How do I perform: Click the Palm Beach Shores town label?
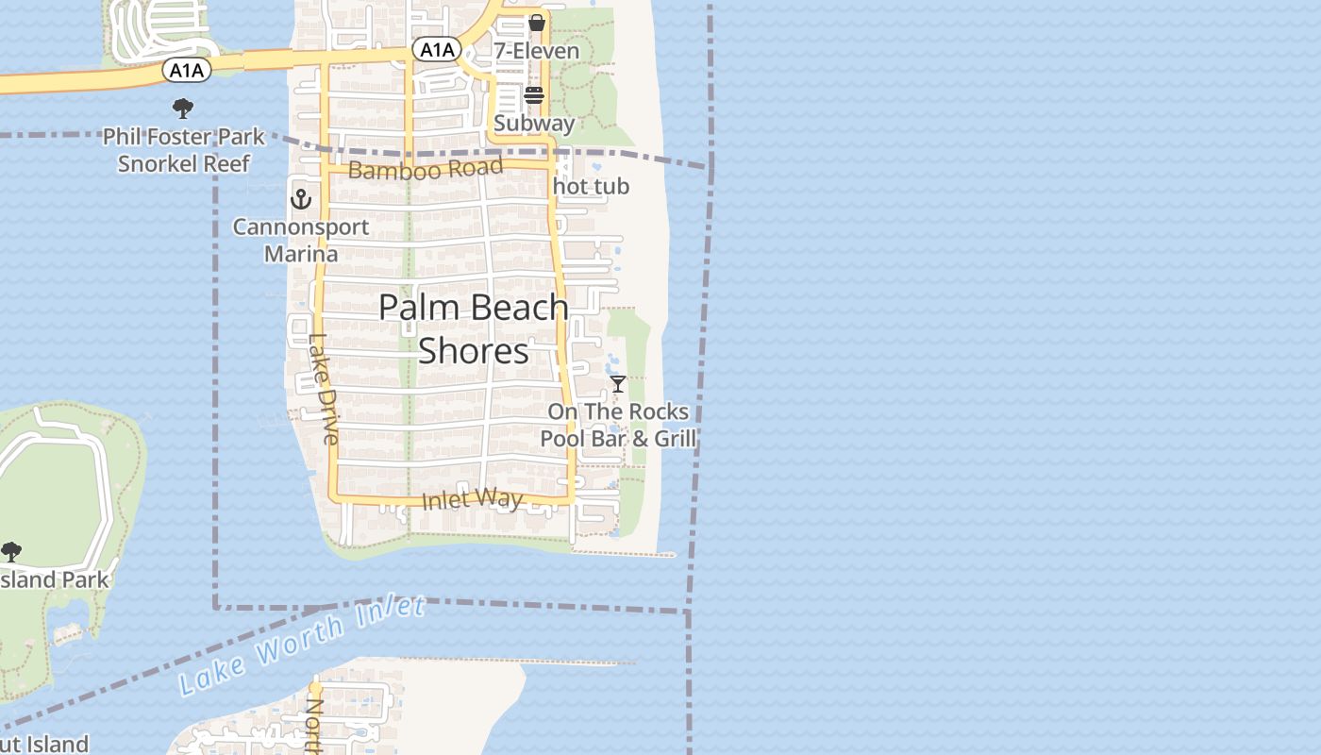pyautogui.click(x=474, y=328)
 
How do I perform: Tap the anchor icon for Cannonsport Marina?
pyautogui.click(x=301, y=198)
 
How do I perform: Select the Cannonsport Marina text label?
pyautogui.click(x=300, y=241)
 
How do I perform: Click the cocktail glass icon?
pyautogui.click(x=618, y=384)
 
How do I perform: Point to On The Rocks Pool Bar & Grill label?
pyautogui.click(x=618, y=425)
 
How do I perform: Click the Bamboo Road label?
pyautogui.click(x=425, y=169)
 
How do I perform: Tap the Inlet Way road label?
pyautogui.click(x=472, y=498)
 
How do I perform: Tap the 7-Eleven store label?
pyautogui.click(x=536, y=51)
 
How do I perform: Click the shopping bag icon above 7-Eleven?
pyautogui.click(x=536, y=23)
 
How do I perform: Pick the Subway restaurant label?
pyautogui.click(x=534, y=123)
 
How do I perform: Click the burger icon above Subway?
pyautogui.click(x=534, y=95)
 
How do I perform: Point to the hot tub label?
pyautogui.click(x=591, y=187)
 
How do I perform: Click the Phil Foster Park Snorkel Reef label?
pyautogui.click(x=184, y=150)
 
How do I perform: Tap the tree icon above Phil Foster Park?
pyautogui.click(x=183, y=109)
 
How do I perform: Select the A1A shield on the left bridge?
pyautogui.click(x=186, y=69)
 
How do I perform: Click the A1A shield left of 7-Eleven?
pyautogui.click(x=436, y=49)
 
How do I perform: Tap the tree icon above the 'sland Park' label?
pyautogui.click(x=11, y=551)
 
